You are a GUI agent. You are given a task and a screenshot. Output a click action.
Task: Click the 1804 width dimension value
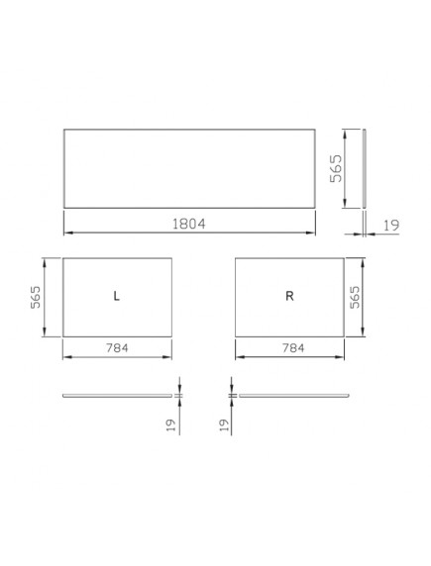click(189, 224)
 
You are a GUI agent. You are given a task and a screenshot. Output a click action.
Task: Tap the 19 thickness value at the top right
click(390, 227)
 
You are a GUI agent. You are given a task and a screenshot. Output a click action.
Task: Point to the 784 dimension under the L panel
click(117, 348)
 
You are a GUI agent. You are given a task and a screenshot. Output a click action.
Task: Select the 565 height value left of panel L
click(36, 297)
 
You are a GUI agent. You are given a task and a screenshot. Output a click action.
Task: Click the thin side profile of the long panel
click(364, 168)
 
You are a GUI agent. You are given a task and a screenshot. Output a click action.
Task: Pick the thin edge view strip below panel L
click(117, 395)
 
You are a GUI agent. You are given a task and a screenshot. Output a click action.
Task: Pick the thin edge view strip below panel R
click(293, 395)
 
